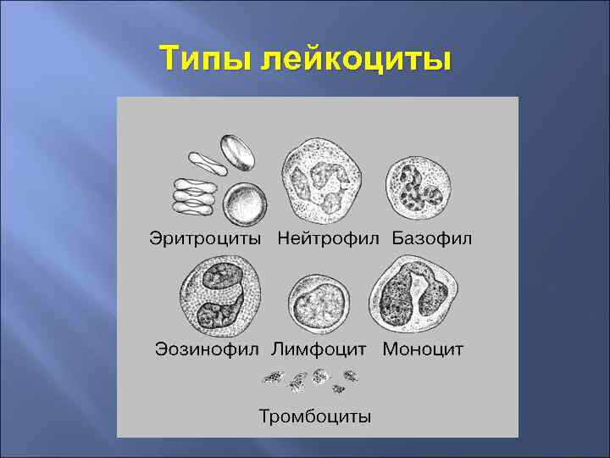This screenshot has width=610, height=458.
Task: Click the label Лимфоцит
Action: click(319, 349)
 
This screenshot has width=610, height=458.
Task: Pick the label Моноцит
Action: click(423, 349)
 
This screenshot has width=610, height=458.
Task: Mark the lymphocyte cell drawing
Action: click(319, 304)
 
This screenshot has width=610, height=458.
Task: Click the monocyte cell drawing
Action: click(413, 293)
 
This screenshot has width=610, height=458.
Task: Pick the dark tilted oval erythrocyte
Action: click(238, 154)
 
